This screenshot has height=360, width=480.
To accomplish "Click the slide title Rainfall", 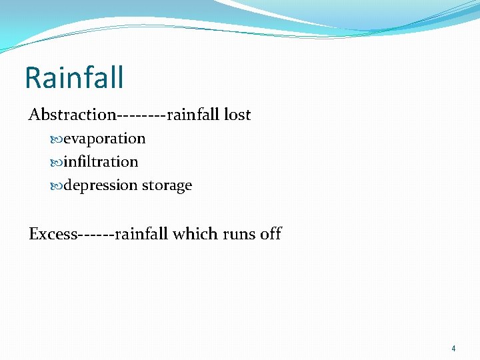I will coord(74,77).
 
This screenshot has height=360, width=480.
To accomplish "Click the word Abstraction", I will coord(72,115).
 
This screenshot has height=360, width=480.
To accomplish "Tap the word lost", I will coord(237,115).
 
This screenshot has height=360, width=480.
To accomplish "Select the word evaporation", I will coord(104,139).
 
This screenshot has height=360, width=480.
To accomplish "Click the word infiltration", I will coord(101,162).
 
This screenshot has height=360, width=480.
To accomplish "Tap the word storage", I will coord(167,185).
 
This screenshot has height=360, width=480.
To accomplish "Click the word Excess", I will coord(53,234).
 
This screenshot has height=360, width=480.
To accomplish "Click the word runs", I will coord(239,235).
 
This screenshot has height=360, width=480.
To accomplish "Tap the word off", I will coord(271,234).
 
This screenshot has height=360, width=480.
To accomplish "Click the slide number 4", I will coord(453,349).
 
